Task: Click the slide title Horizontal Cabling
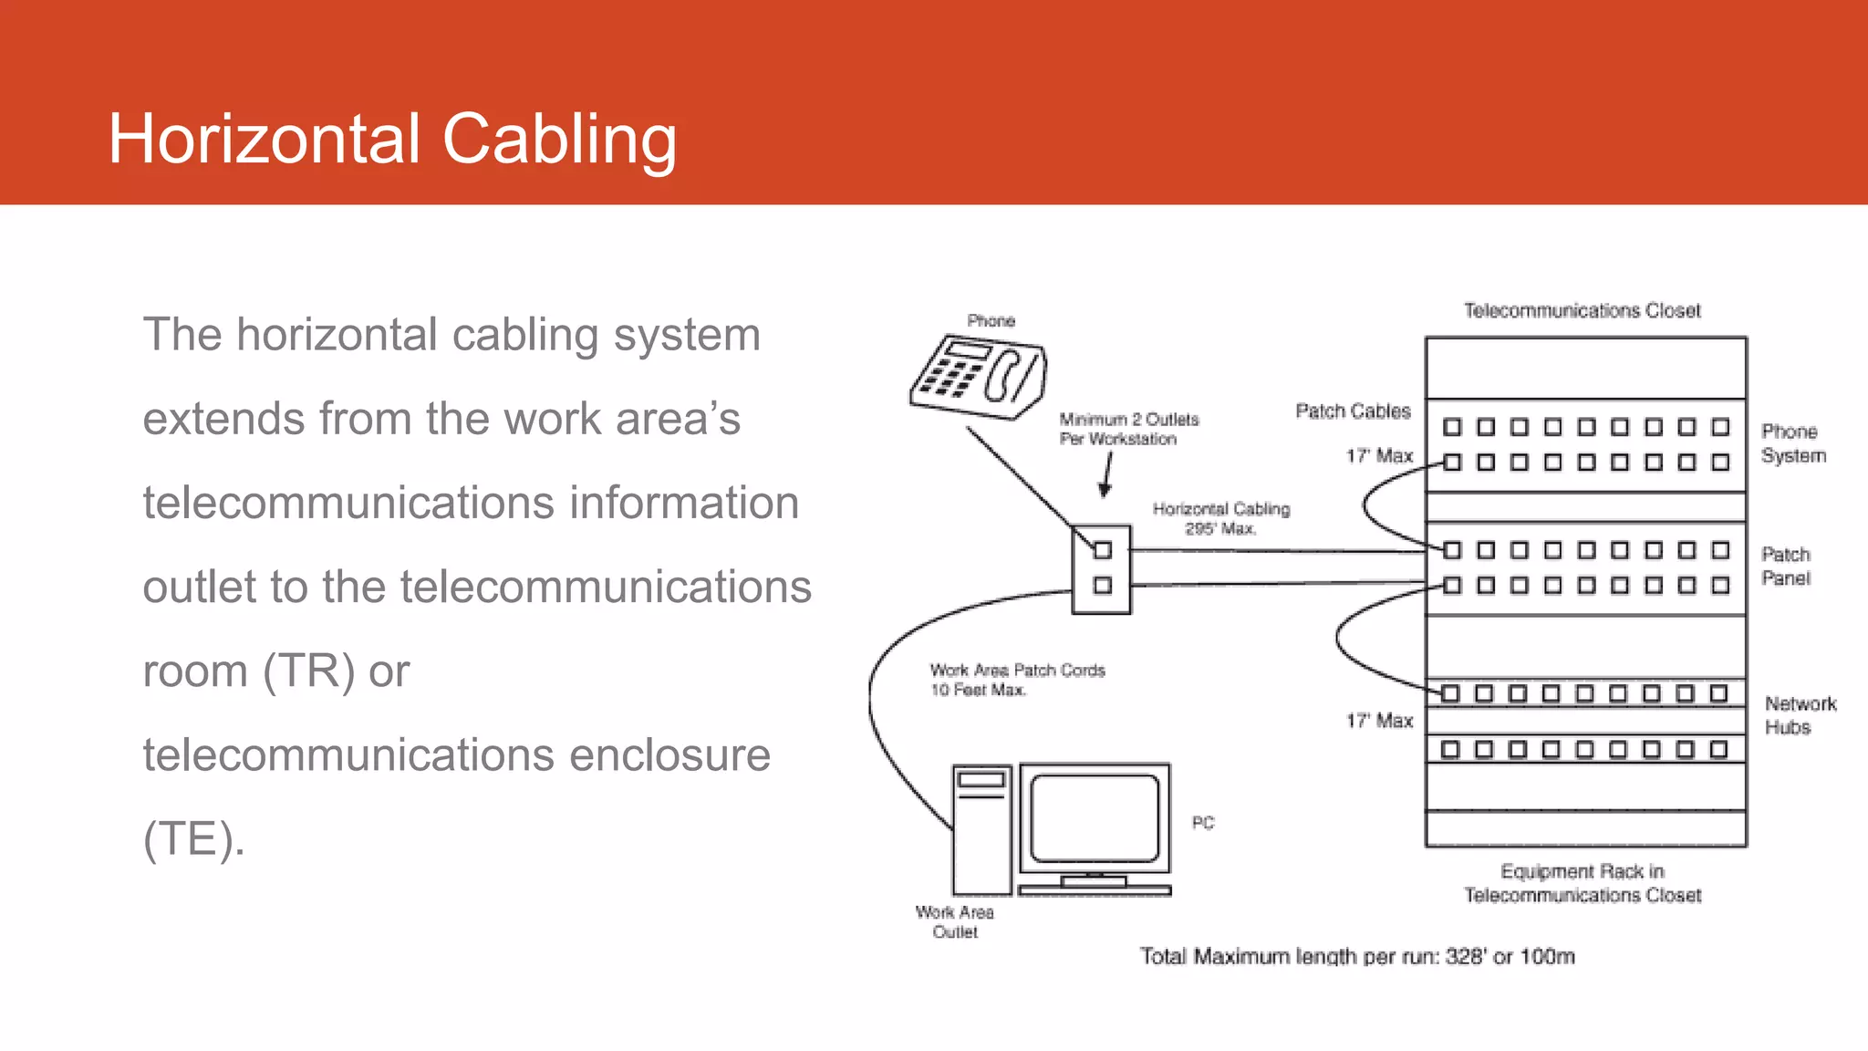coord(392,139)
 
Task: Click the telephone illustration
coord(978,377)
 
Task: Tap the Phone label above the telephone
coord(991,321)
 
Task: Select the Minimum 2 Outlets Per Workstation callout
coord(1128,429)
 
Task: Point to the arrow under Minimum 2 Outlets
coord(1107,476)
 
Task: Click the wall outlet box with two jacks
coord(1101,568)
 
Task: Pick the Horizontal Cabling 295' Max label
coord(1220,518)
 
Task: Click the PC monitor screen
coord(1095,817)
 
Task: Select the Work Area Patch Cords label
coord(1016,680)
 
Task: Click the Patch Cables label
coord(1353,411)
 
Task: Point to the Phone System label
coord(1792,443)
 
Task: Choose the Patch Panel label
coord(1785,566)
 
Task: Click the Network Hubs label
coord(1799,715)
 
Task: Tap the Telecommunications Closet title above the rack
coord(1582,311)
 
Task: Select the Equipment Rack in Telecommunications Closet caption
coord(1582,883)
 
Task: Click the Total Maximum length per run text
coord(1356,956)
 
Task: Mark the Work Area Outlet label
coord(954,921)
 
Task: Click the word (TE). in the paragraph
coord(193,838)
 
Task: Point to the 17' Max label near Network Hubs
coord(1379,721)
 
